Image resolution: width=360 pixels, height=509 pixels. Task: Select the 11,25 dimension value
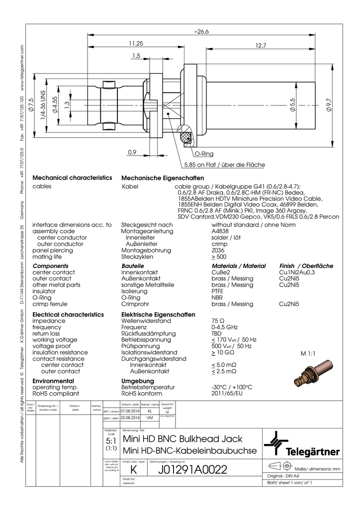pyautogui.click(x=136, y=44)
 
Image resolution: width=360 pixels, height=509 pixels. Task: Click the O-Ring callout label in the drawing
pyautogui.click(x=204, y=155)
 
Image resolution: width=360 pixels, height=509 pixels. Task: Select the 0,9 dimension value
pyautogui.click(x=132, y=152)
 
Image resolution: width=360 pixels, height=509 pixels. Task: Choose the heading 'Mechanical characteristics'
pyautogui.click(x=72, y=178)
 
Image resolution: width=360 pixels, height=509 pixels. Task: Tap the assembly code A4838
pyautogui.click(x=220, y=232)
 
